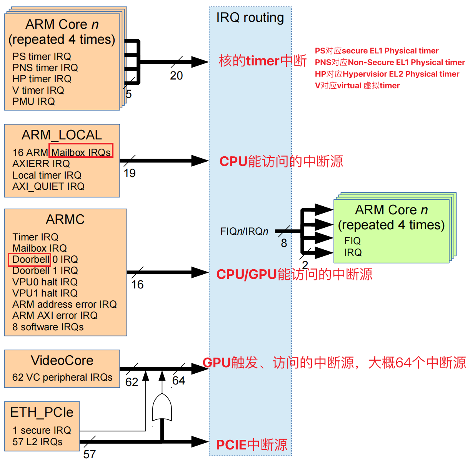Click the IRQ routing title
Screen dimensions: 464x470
tap(250, 18)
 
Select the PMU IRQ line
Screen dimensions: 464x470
tap(33, 101)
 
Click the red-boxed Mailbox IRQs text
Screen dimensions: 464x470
tap(81, 152)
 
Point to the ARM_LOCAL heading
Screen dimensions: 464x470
tap(62, 135)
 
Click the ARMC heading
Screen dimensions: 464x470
tap(65, 219)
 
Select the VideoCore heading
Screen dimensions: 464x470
tap(62, 360)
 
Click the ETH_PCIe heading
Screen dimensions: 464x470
tap(42, 412)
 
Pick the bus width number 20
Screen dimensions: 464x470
tap(176, 76)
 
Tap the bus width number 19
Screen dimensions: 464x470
tap(130, 173)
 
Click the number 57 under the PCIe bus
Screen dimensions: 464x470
tap(89, 454)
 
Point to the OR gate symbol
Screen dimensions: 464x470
tap(162, 408)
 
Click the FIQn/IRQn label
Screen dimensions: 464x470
tap(244, 231)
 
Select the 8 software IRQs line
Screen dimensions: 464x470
tap(48, 327)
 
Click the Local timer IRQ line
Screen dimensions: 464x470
tap(47, 175)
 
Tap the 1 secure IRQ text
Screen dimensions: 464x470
tap(42, 430)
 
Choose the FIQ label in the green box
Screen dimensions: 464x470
tap(352, 241)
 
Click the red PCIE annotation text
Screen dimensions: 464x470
tap(252, 445)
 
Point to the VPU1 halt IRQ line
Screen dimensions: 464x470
tap(45, 293)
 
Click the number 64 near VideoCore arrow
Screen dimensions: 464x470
tap(178, 381)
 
